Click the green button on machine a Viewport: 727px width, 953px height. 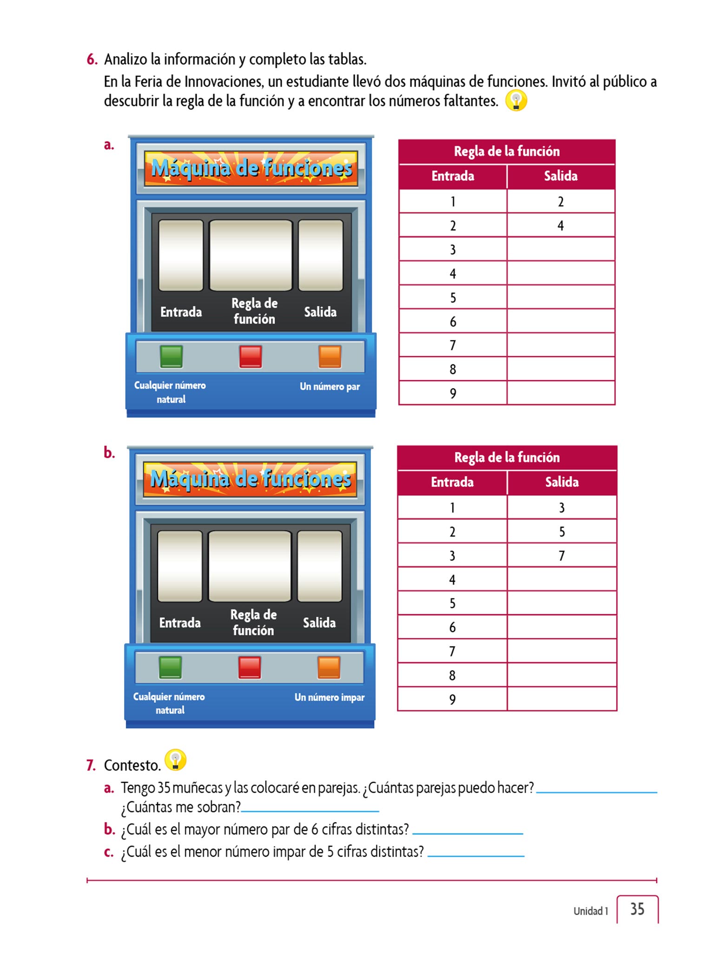[171, 356]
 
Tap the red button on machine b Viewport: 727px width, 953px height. [250, 667]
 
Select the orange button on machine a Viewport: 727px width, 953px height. [330, 356]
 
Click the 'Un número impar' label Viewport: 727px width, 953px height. [329, 697]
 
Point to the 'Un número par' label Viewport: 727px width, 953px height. [330, 386]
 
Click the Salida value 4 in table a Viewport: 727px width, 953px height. [561, 226]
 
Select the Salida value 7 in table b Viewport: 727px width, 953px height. [562, 556]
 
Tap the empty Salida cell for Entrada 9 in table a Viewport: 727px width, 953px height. [561, 393]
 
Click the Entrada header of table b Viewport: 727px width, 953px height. [452, 482]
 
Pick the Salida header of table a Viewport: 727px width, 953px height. [561, 176]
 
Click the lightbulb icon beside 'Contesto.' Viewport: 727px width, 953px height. [176, 760]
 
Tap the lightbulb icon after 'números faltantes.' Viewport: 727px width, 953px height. [516, 100]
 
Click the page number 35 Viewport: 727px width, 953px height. [637, 909]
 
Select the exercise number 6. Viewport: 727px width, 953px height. [92, 60]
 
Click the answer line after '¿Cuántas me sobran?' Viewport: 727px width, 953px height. [310, 811]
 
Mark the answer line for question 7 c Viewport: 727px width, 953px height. [476, 855]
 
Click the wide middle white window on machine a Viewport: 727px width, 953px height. [251, 255]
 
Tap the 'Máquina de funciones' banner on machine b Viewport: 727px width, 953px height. [250, 479]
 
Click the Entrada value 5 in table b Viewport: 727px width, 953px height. [452, 604]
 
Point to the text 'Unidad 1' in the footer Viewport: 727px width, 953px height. [590, 911]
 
